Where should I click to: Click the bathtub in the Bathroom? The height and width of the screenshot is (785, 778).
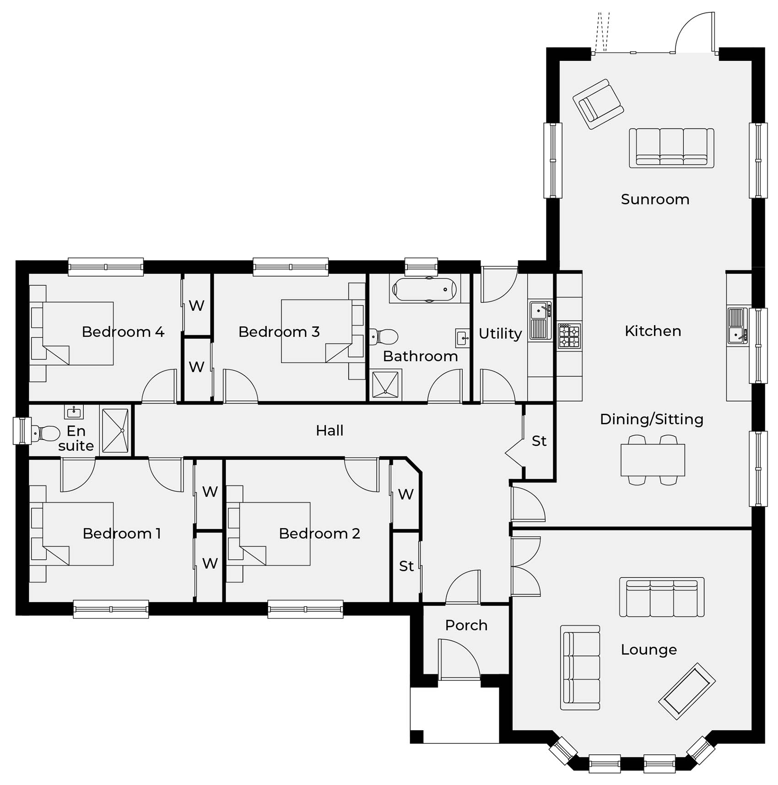425,289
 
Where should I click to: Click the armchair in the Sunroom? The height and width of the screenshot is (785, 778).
598,104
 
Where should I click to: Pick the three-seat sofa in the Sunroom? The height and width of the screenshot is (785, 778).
671,148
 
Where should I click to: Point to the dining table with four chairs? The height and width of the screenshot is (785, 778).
653,460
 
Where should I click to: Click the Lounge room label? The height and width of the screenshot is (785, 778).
648,650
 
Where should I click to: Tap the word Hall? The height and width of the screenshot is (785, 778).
330,431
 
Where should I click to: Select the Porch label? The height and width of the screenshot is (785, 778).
466,625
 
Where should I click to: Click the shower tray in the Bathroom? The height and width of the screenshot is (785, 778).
385,384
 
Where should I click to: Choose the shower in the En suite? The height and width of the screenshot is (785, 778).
115,431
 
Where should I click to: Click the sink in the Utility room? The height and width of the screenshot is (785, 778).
540,320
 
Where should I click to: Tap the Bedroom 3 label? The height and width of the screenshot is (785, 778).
279,332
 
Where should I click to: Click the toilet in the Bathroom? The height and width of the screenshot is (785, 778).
384,337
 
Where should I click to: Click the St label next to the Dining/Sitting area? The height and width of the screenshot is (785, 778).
539,441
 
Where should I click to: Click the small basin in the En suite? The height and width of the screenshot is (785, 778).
74,412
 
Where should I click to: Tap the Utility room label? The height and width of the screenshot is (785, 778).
500,334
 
